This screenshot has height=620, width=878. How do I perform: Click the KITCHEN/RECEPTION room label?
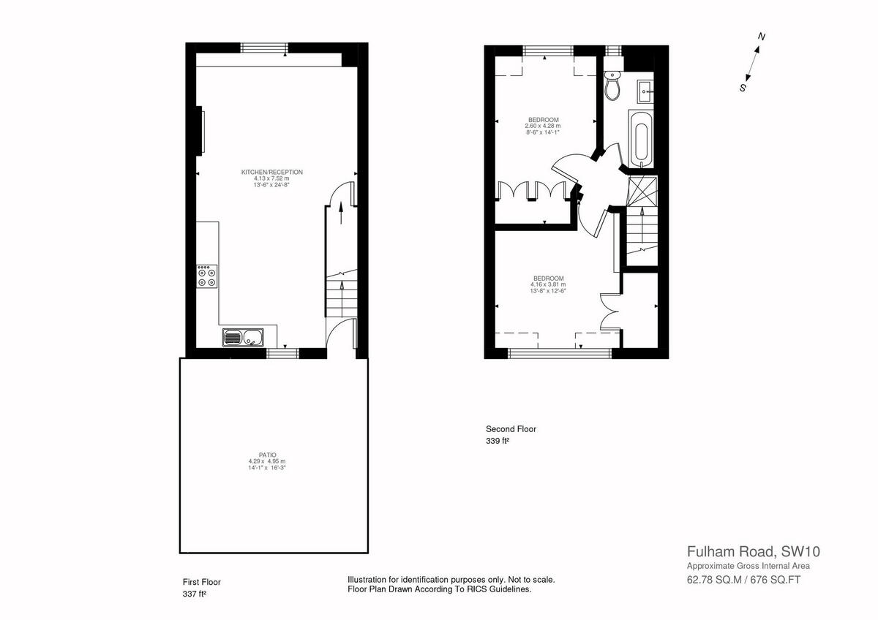pyautogui.click(x=271, y=172)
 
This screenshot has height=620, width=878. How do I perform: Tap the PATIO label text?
pyautogui.click(x=266, y=455)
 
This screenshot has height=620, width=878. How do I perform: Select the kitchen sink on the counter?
pyautogui.click(x=244, y=338)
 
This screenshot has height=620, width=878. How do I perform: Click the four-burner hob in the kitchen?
pyautogui.click(x=206, y=276)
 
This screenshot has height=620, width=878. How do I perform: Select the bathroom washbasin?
pyautogui.click(x=646, y=92)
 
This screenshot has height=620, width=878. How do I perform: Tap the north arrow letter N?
pyautogui.click(x=762, y=37)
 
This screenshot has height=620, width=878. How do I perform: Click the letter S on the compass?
pyautogui.click(x=742, y=88)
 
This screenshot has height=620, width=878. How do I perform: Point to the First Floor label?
pyautogui.click(x=201, y=582)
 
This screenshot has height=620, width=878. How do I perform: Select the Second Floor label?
pyautogui.click(x=511, y=429)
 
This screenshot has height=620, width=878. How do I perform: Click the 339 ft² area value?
pyautogui.click(x=497, y=441)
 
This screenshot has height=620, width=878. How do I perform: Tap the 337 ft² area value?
pyautogui.click(x=194, y=594)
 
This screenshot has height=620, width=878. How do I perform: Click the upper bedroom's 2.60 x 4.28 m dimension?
pyautogui.click(x=542, y=126)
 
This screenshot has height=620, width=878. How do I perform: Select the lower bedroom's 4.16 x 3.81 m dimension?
pyautogui.click(x=548, y=284)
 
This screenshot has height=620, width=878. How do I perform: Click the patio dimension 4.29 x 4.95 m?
pyautogui.click(x=266, y=461)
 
